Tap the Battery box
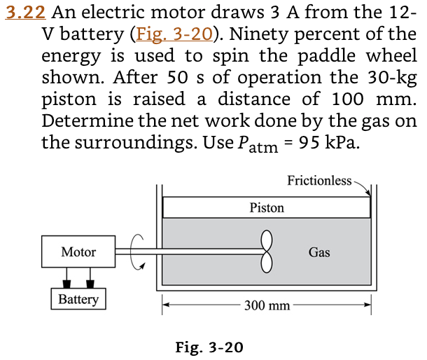coord(78,300)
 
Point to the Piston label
coord(267,207)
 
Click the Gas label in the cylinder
coord(319,252)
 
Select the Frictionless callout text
coord(319,181)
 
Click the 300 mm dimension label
coord(267,305)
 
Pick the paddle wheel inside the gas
coord(266,251)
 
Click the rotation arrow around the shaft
coord(137,251)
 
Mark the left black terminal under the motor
coord(66,283)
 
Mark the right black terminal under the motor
coord(90,283)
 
